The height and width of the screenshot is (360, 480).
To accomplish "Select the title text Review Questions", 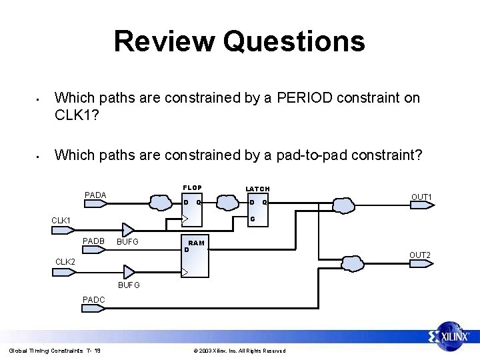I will [239, 41].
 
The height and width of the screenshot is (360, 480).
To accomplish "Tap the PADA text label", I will [95, 195].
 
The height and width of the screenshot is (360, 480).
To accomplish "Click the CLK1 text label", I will [62, 220].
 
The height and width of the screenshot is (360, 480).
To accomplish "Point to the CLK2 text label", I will [65, 262].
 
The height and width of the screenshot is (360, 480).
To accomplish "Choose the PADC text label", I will [93, 299].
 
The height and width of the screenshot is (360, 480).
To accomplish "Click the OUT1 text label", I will [421, 197].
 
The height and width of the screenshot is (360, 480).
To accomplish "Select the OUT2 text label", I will [420, 255].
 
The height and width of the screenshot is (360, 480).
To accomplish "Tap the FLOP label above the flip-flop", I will [192, 187].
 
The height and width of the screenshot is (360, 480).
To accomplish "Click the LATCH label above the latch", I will [257, 189].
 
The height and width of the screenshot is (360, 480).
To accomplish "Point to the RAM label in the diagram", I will [196, 243].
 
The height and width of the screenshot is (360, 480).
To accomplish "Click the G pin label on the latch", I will [252, 219].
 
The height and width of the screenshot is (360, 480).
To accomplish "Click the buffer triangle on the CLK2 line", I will [129, 272].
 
